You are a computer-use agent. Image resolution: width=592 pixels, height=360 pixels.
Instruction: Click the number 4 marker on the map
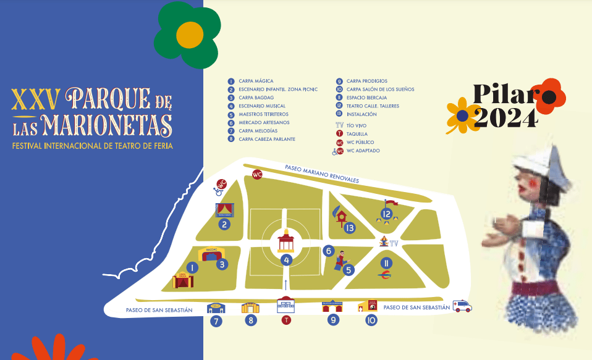click(286, 260)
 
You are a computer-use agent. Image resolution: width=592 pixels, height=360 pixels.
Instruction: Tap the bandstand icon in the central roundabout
click(285, 241)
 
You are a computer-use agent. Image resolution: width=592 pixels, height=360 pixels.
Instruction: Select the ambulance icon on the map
click(462, 306)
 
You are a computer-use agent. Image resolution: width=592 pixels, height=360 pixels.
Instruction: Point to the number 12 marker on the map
click(387, 215)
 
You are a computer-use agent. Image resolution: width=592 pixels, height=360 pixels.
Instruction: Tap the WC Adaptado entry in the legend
click(362, 151)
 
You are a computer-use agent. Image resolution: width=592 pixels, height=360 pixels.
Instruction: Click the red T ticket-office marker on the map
click(285, 320)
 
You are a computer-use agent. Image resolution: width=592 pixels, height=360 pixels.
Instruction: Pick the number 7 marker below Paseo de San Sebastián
click(215, 320)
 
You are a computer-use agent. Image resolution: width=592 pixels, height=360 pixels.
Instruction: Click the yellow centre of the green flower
click(189, 36)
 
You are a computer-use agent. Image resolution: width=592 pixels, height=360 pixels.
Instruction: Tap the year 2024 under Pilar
click(505, 117)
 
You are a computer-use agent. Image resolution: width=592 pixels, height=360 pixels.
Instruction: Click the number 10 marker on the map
click(371, 320)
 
